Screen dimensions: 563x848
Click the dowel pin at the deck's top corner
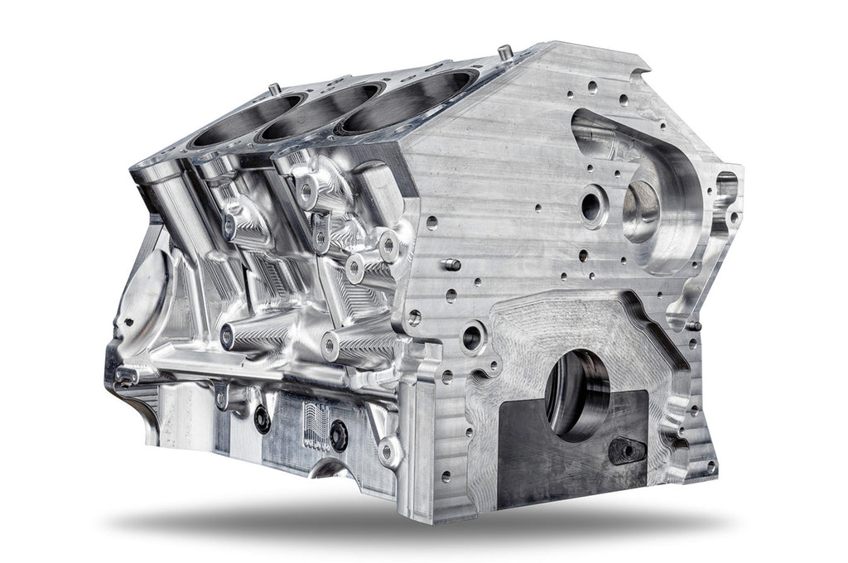[503, 52]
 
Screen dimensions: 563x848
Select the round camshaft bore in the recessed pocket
[642, 212]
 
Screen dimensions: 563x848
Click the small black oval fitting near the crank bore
[626, 450]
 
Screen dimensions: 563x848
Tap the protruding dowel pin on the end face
[450, 265]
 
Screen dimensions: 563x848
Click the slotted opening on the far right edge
[726, 190]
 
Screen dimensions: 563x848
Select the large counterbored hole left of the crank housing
[473, 335]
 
